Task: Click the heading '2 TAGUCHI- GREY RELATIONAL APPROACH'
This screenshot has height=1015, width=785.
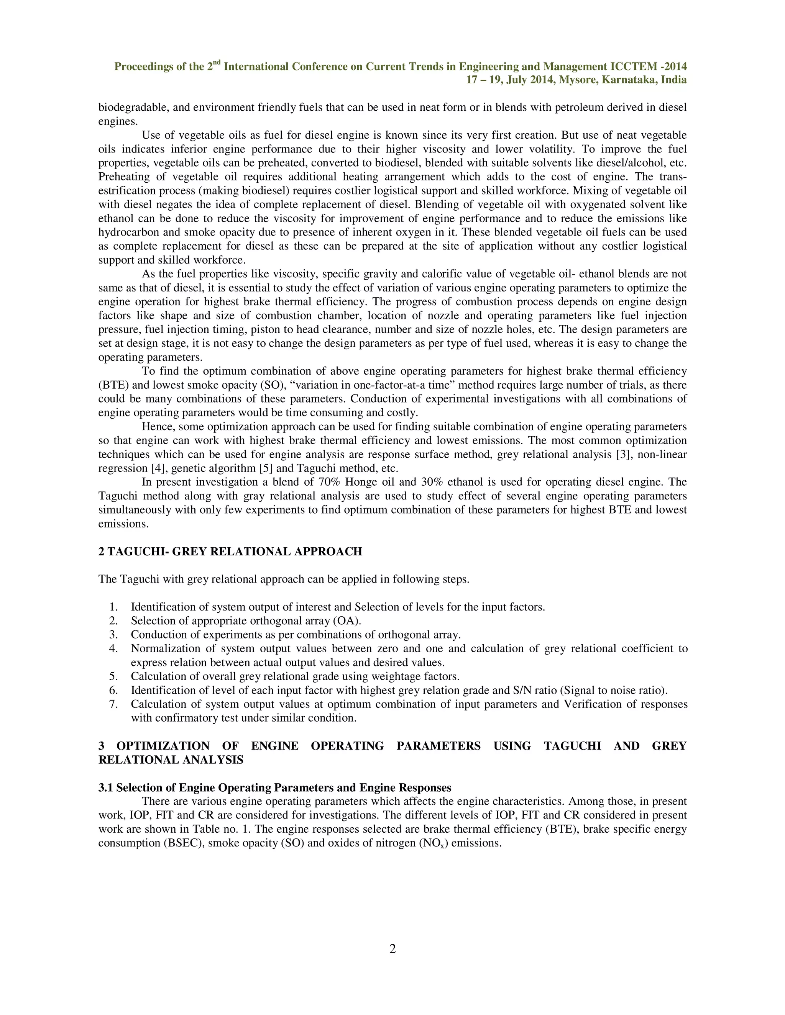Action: [230, 552]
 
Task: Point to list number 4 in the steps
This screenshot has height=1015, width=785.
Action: [113, 649]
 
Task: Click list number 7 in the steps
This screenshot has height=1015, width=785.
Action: [113, 704]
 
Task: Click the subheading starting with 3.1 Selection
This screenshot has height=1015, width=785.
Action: [274, 788]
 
